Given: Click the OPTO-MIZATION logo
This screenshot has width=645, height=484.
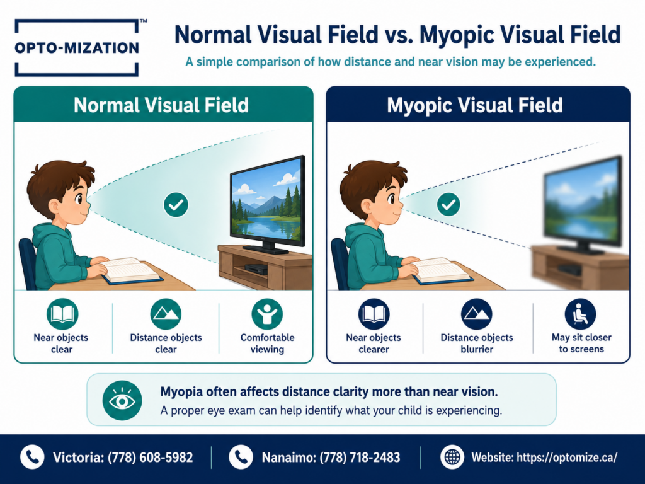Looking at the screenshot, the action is (77, 48).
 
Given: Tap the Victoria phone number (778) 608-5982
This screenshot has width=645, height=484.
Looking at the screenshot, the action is (150, 458).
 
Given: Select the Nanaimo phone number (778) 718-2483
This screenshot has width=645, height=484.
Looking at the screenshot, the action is (360, 458).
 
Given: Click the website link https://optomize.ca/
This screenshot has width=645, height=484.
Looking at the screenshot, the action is (567, 458).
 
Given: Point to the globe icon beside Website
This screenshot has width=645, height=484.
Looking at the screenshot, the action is (452, 457).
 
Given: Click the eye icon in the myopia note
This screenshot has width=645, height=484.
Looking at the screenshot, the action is (122, 400).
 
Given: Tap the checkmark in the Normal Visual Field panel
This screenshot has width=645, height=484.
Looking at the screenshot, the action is (176, 205).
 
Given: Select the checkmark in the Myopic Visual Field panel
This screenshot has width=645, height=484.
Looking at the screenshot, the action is (448, 205).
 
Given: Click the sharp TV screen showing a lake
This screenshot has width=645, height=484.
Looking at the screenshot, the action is (267, 201).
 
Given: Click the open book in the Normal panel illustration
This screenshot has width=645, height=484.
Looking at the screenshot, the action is (131, 270).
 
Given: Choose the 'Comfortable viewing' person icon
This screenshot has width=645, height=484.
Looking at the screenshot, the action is (267, 314).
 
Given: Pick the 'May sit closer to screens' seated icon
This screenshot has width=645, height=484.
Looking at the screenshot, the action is (580, 314).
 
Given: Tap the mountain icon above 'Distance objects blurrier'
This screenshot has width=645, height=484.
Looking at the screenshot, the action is (476, 314).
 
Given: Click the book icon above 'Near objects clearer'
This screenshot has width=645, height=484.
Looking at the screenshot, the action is (374, 314).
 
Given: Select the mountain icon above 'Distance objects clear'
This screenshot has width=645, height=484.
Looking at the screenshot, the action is (166, 314).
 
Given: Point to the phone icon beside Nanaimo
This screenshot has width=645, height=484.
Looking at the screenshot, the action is (241, 457).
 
